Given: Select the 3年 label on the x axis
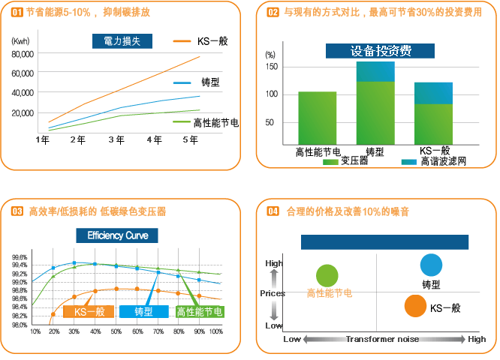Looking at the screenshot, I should [x=116, y=140].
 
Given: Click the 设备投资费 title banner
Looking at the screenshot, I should [x=380, y=52].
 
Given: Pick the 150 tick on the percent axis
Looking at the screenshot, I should [x=271, y=67].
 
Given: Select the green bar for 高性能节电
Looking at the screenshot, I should [x=317, y=118].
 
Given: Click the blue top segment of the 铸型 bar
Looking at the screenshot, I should [x=375, y=70].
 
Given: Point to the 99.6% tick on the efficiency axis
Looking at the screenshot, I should [x=20, y=256].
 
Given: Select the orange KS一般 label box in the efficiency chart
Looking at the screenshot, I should [x=89, y=311].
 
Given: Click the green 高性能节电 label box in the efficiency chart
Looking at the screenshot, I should [x=199, y=311].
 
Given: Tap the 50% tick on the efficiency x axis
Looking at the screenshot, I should [x=116, y=331].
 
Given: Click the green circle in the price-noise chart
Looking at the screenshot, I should [x=327, y=275].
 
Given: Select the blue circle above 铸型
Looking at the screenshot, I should [x=431, y=265].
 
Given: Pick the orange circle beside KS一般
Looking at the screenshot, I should [x=414, y=306].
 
